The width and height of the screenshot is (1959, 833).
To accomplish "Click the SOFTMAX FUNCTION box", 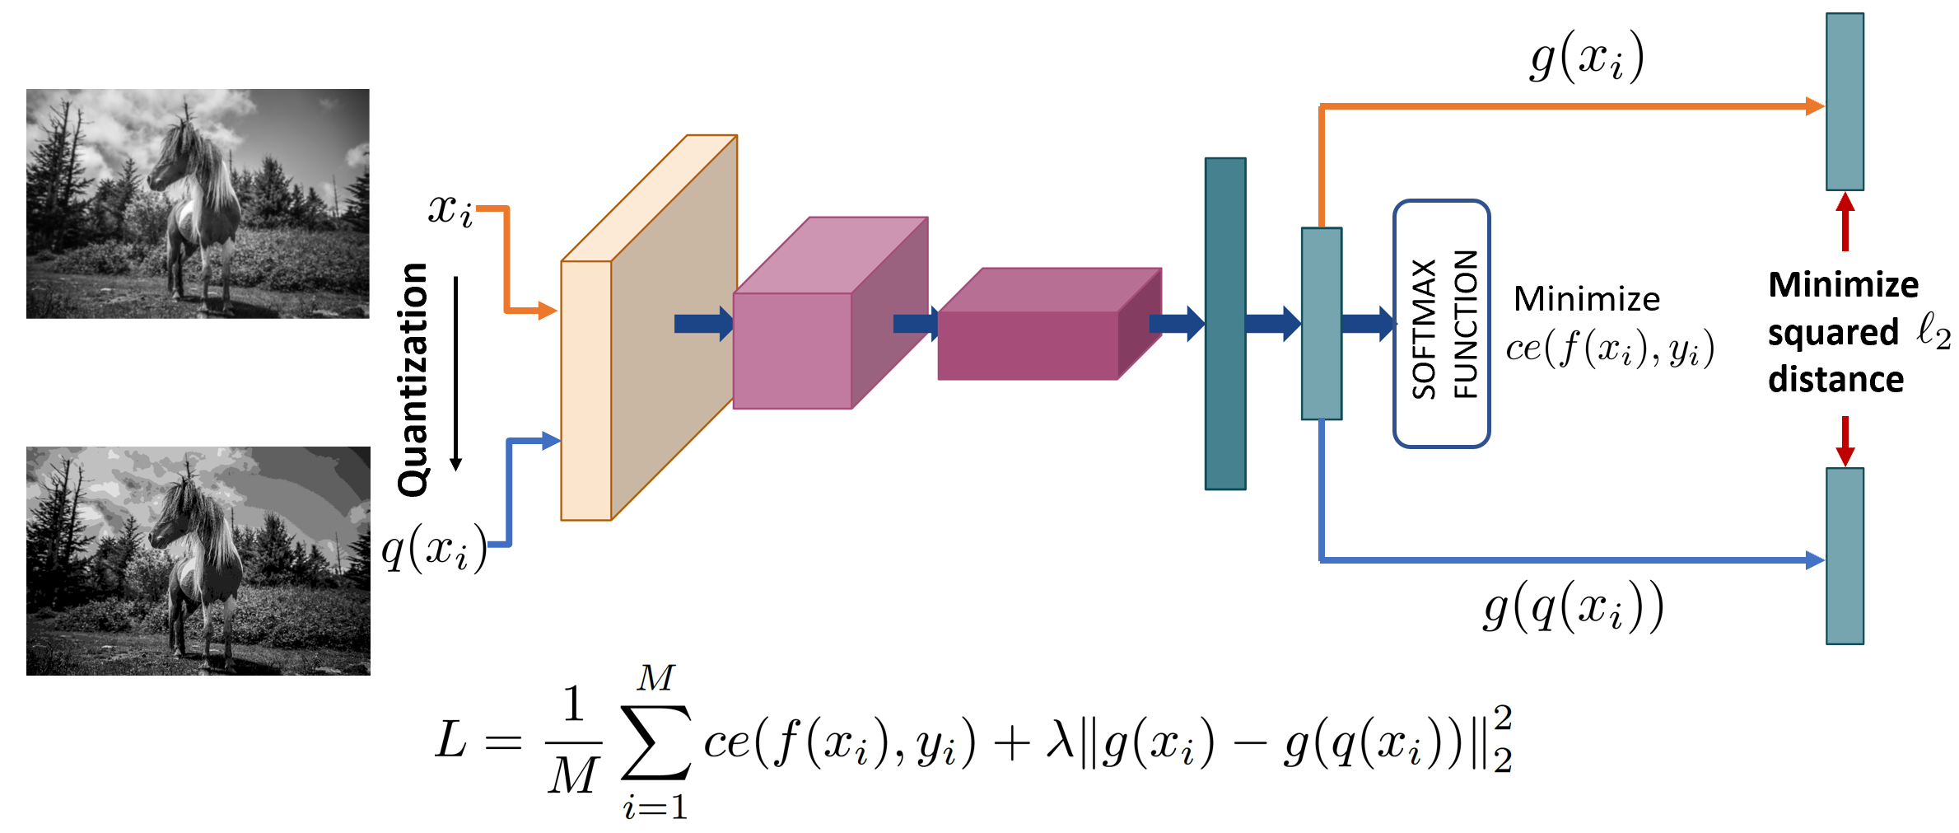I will (x=1441, y=324).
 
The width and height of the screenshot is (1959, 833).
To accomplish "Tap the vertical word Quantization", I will (x=413, y=380).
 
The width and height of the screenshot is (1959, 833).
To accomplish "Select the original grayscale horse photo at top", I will (x=198, y=204).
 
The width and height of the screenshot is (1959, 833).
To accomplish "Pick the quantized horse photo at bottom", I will (x=198, y=561).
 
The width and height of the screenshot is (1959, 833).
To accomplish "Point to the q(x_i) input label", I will (x=434, y=548).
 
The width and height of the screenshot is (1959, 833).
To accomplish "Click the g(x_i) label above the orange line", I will (x=1587, y=58).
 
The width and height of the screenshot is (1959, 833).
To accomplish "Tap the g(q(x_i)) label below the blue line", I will (x=1573, y=607).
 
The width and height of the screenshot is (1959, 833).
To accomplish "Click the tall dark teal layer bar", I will (x=1225, y=324).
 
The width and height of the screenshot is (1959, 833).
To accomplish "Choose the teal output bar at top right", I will (x=1845, y=101).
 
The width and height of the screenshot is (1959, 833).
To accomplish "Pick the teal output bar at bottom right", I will (x=1845, y=556).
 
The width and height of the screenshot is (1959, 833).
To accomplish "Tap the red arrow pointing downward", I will (x=1845, y=442).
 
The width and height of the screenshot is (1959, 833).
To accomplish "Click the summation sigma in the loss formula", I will (x=655, y=742).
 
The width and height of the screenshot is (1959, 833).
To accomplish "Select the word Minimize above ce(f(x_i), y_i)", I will (x=1587, y=299).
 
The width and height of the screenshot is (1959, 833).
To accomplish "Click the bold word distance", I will (x=1835, y=380).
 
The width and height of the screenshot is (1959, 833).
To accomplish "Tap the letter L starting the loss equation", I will (x=451, y=739).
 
